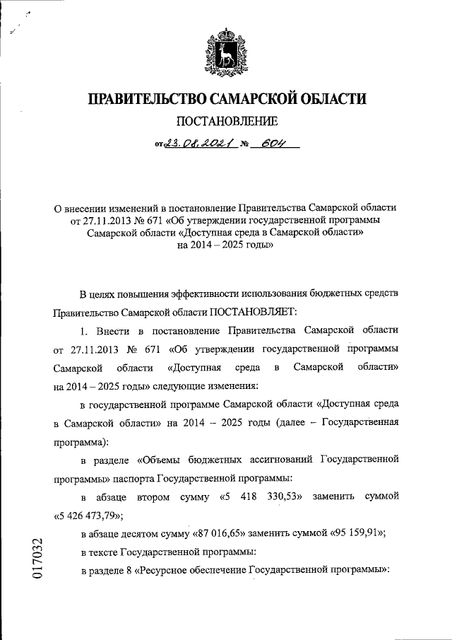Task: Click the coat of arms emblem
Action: point(225,51)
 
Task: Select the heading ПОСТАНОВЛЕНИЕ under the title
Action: point(226,122)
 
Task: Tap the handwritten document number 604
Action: point(272,146)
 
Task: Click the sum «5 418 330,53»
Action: point(263,497)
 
